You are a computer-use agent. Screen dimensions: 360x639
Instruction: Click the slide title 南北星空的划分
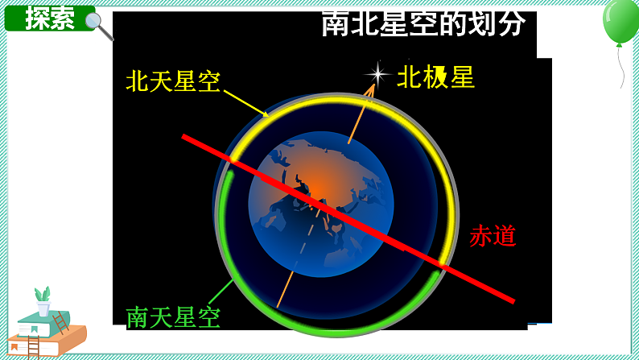click(x=423, y=23)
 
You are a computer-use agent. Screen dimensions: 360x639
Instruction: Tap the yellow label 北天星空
click(x=173, y=81)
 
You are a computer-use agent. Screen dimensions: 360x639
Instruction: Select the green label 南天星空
click(x=173, y=317)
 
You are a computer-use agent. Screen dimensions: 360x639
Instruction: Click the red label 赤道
click(x=493, y=235)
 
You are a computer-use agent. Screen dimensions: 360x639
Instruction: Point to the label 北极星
click(x=435, y=77)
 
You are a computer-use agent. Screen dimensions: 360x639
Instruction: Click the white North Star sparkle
click(x=376, y=75)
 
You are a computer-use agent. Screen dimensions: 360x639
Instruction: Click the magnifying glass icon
click(x=99, y=25)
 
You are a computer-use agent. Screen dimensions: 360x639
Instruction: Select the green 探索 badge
click(x=49, y=18)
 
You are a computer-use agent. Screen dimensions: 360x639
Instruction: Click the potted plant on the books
click(x=43, y=300)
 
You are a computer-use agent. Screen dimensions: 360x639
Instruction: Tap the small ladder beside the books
click(x=60, y=323)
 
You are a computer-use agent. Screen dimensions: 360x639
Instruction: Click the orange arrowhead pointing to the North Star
click(x=371, y=89)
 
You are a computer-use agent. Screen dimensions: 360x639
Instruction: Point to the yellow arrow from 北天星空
click(x=245, y=103)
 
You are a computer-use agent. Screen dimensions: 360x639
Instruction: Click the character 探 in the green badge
click(x=37, y=18)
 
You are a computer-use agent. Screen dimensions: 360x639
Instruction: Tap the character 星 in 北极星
click(x=463, y=77)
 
